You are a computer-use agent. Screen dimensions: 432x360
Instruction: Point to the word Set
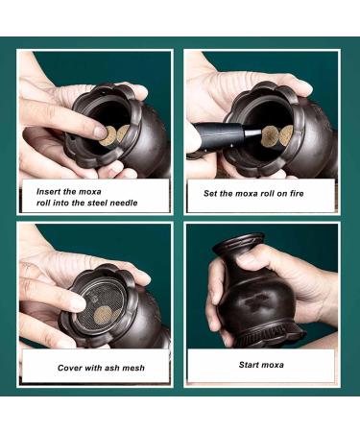click(212, 193)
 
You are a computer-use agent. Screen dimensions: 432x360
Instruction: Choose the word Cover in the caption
click(73, 367)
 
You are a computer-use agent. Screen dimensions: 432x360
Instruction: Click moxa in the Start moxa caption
click(276, 365)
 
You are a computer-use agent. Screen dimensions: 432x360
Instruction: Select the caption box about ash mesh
click(95, 367)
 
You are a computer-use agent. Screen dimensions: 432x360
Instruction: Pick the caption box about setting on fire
click(261, 194)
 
